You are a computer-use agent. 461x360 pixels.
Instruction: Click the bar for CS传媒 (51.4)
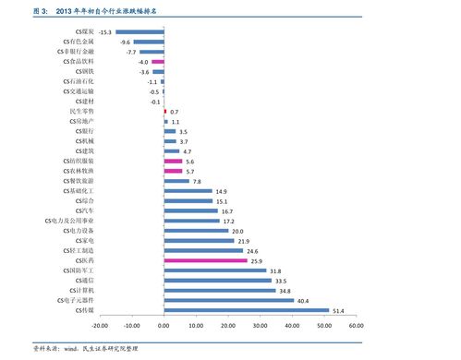[x=246, y=310]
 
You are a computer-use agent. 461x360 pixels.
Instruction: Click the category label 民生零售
[x=81, y=111]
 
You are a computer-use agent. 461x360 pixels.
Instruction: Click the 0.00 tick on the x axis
[x=164, y=325]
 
